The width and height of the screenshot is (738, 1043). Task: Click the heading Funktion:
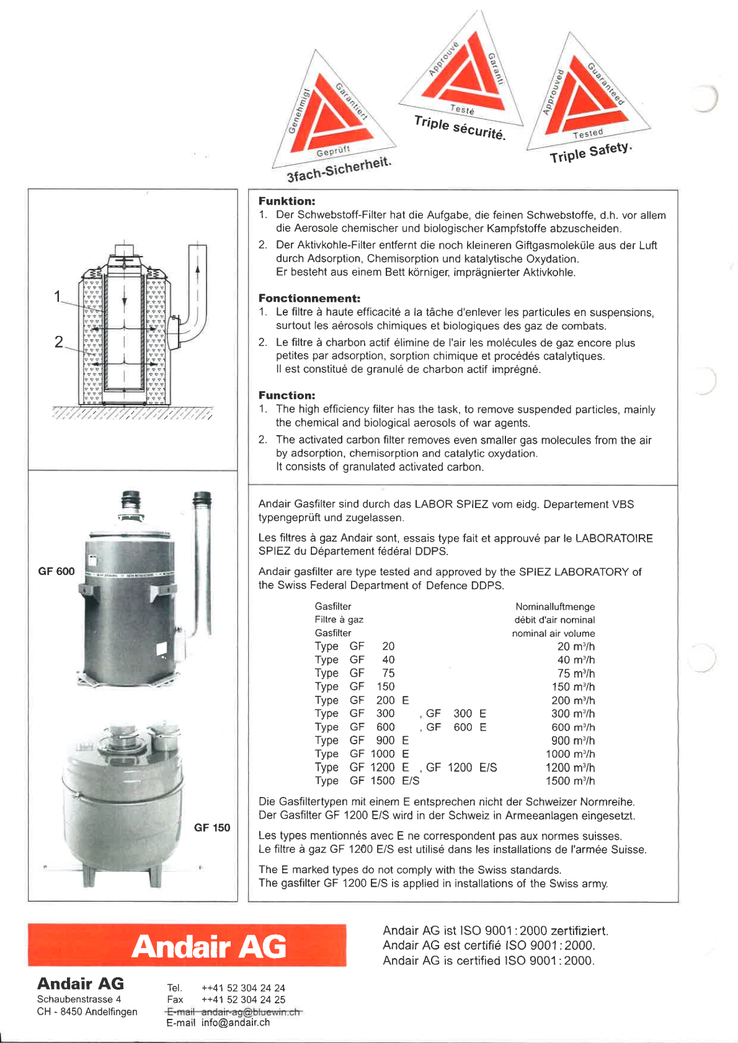pyautogui.click(x=287, y=201)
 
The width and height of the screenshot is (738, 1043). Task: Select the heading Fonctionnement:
pyautogui.click(x=309, y=298)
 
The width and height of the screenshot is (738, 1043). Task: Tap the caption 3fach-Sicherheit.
pyautogui.click(x=339, y=169)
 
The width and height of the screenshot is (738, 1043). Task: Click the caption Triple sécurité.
pyautogui.click(x=460, y=127)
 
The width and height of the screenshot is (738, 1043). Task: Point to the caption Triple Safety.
pyautogui.click(x=590, y=152)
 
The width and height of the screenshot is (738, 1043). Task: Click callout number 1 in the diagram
pyautogui.click(x=58, y=296)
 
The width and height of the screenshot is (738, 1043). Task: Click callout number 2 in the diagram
pyautogui.click(x=59, y=341)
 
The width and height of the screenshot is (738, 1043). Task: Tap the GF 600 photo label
pyautogui.click(x=56, y=571)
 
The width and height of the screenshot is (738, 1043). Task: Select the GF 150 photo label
pyautogui.click(x=212, y=827)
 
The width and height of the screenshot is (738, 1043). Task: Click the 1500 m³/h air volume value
pyautogui.click(x=570, y=781)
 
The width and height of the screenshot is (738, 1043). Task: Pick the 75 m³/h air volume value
pyautogui.click(x=576, y=673)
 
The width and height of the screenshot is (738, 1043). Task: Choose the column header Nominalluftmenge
pyautogui.click(x=555, y=607)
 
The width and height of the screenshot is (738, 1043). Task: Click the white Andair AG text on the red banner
pyautogui.click(x=209, y=946)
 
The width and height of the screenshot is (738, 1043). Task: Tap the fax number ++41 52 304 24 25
pyautogui.click(x=243, y=1000)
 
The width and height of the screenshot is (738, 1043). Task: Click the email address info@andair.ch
pyautogui.click(x=236, y=1023)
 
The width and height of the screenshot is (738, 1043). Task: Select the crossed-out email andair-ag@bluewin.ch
pyautogui.click(x=251, y=1011)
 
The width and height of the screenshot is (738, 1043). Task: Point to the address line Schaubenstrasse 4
pyautogui.click(x=79, y=999)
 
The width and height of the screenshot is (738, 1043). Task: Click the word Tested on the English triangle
pyautogui.click(x=587, y=133)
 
